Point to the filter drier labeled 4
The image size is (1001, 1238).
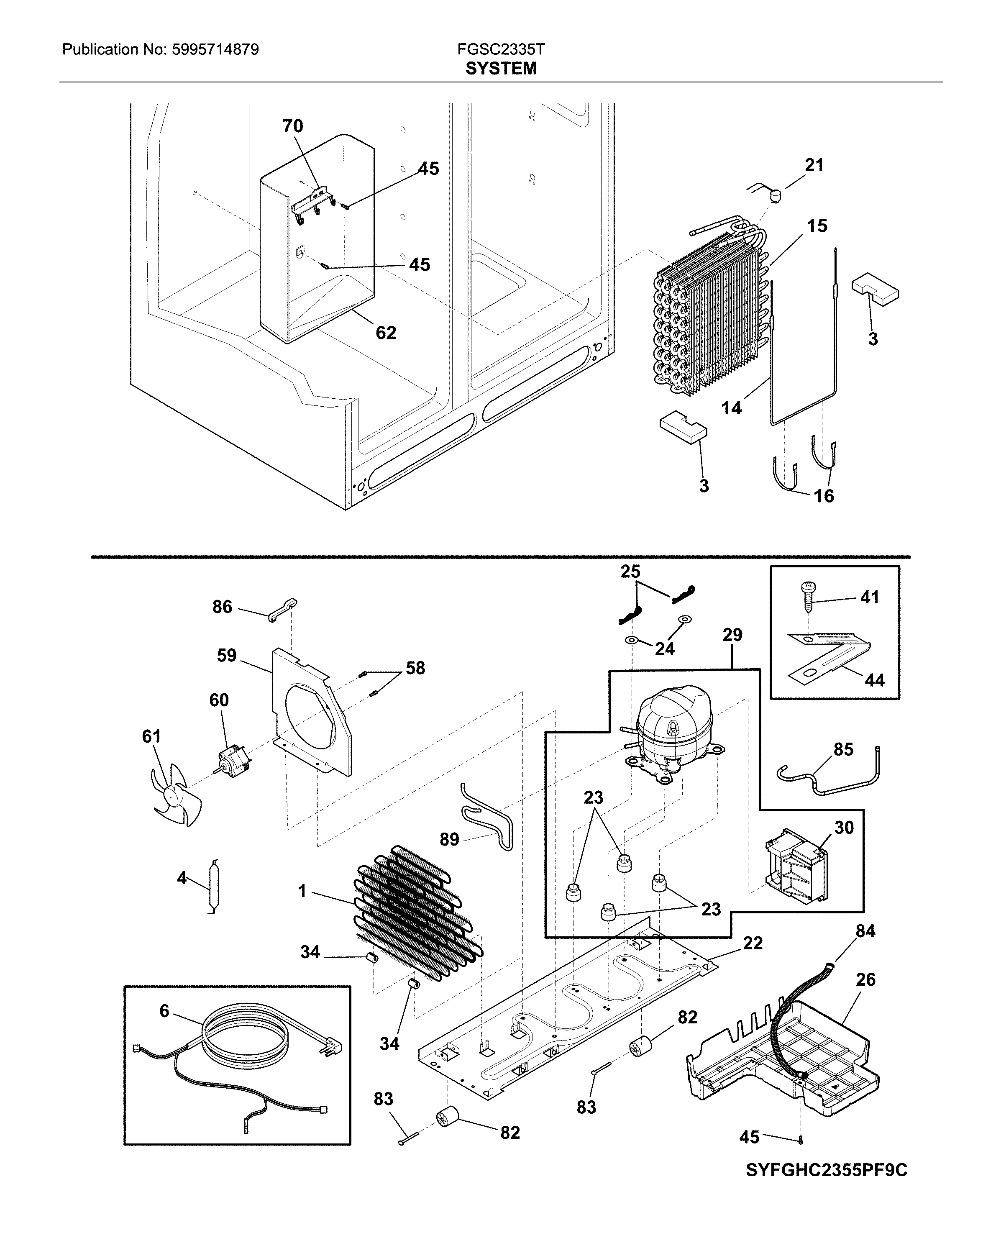213,887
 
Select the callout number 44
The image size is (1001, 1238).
874,680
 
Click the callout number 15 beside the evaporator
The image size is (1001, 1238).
817,226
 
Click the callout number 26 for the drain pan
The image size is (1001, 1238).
865,979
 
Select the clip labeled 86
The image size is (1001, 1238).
282,610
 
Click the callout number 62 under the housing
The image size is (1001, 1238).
386,333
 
